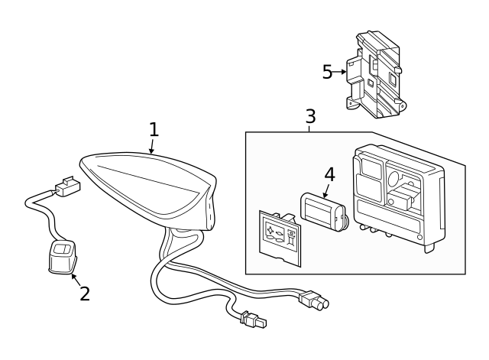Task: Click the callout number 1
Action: pyautogui.click(x=154, y=128)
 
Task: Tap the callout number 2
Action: pyautogui.click(x=84, y=294)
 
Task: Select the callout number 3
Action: pyautogui.click(x=310, y=116)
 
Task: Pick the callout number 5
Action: pyautogui.click(x=327, y=72)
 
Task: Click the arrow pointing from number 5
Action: pyautogui.click(x=340, y=72)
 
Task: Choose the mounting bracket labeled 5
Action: pyautogui.click(x=377, y=75)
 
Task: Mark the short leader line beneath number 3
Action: pyautogui.click(x=310, y=128)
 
